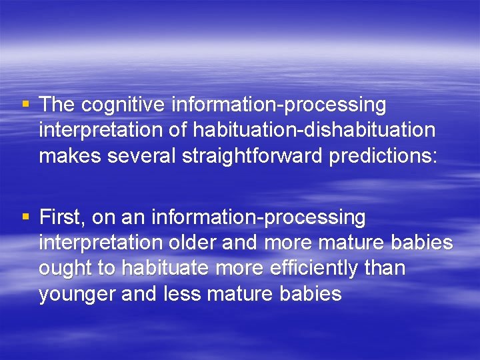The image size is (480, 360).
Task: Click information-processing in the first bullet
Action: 279,105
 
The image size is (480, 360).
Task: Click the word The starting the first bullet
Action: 57,105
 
